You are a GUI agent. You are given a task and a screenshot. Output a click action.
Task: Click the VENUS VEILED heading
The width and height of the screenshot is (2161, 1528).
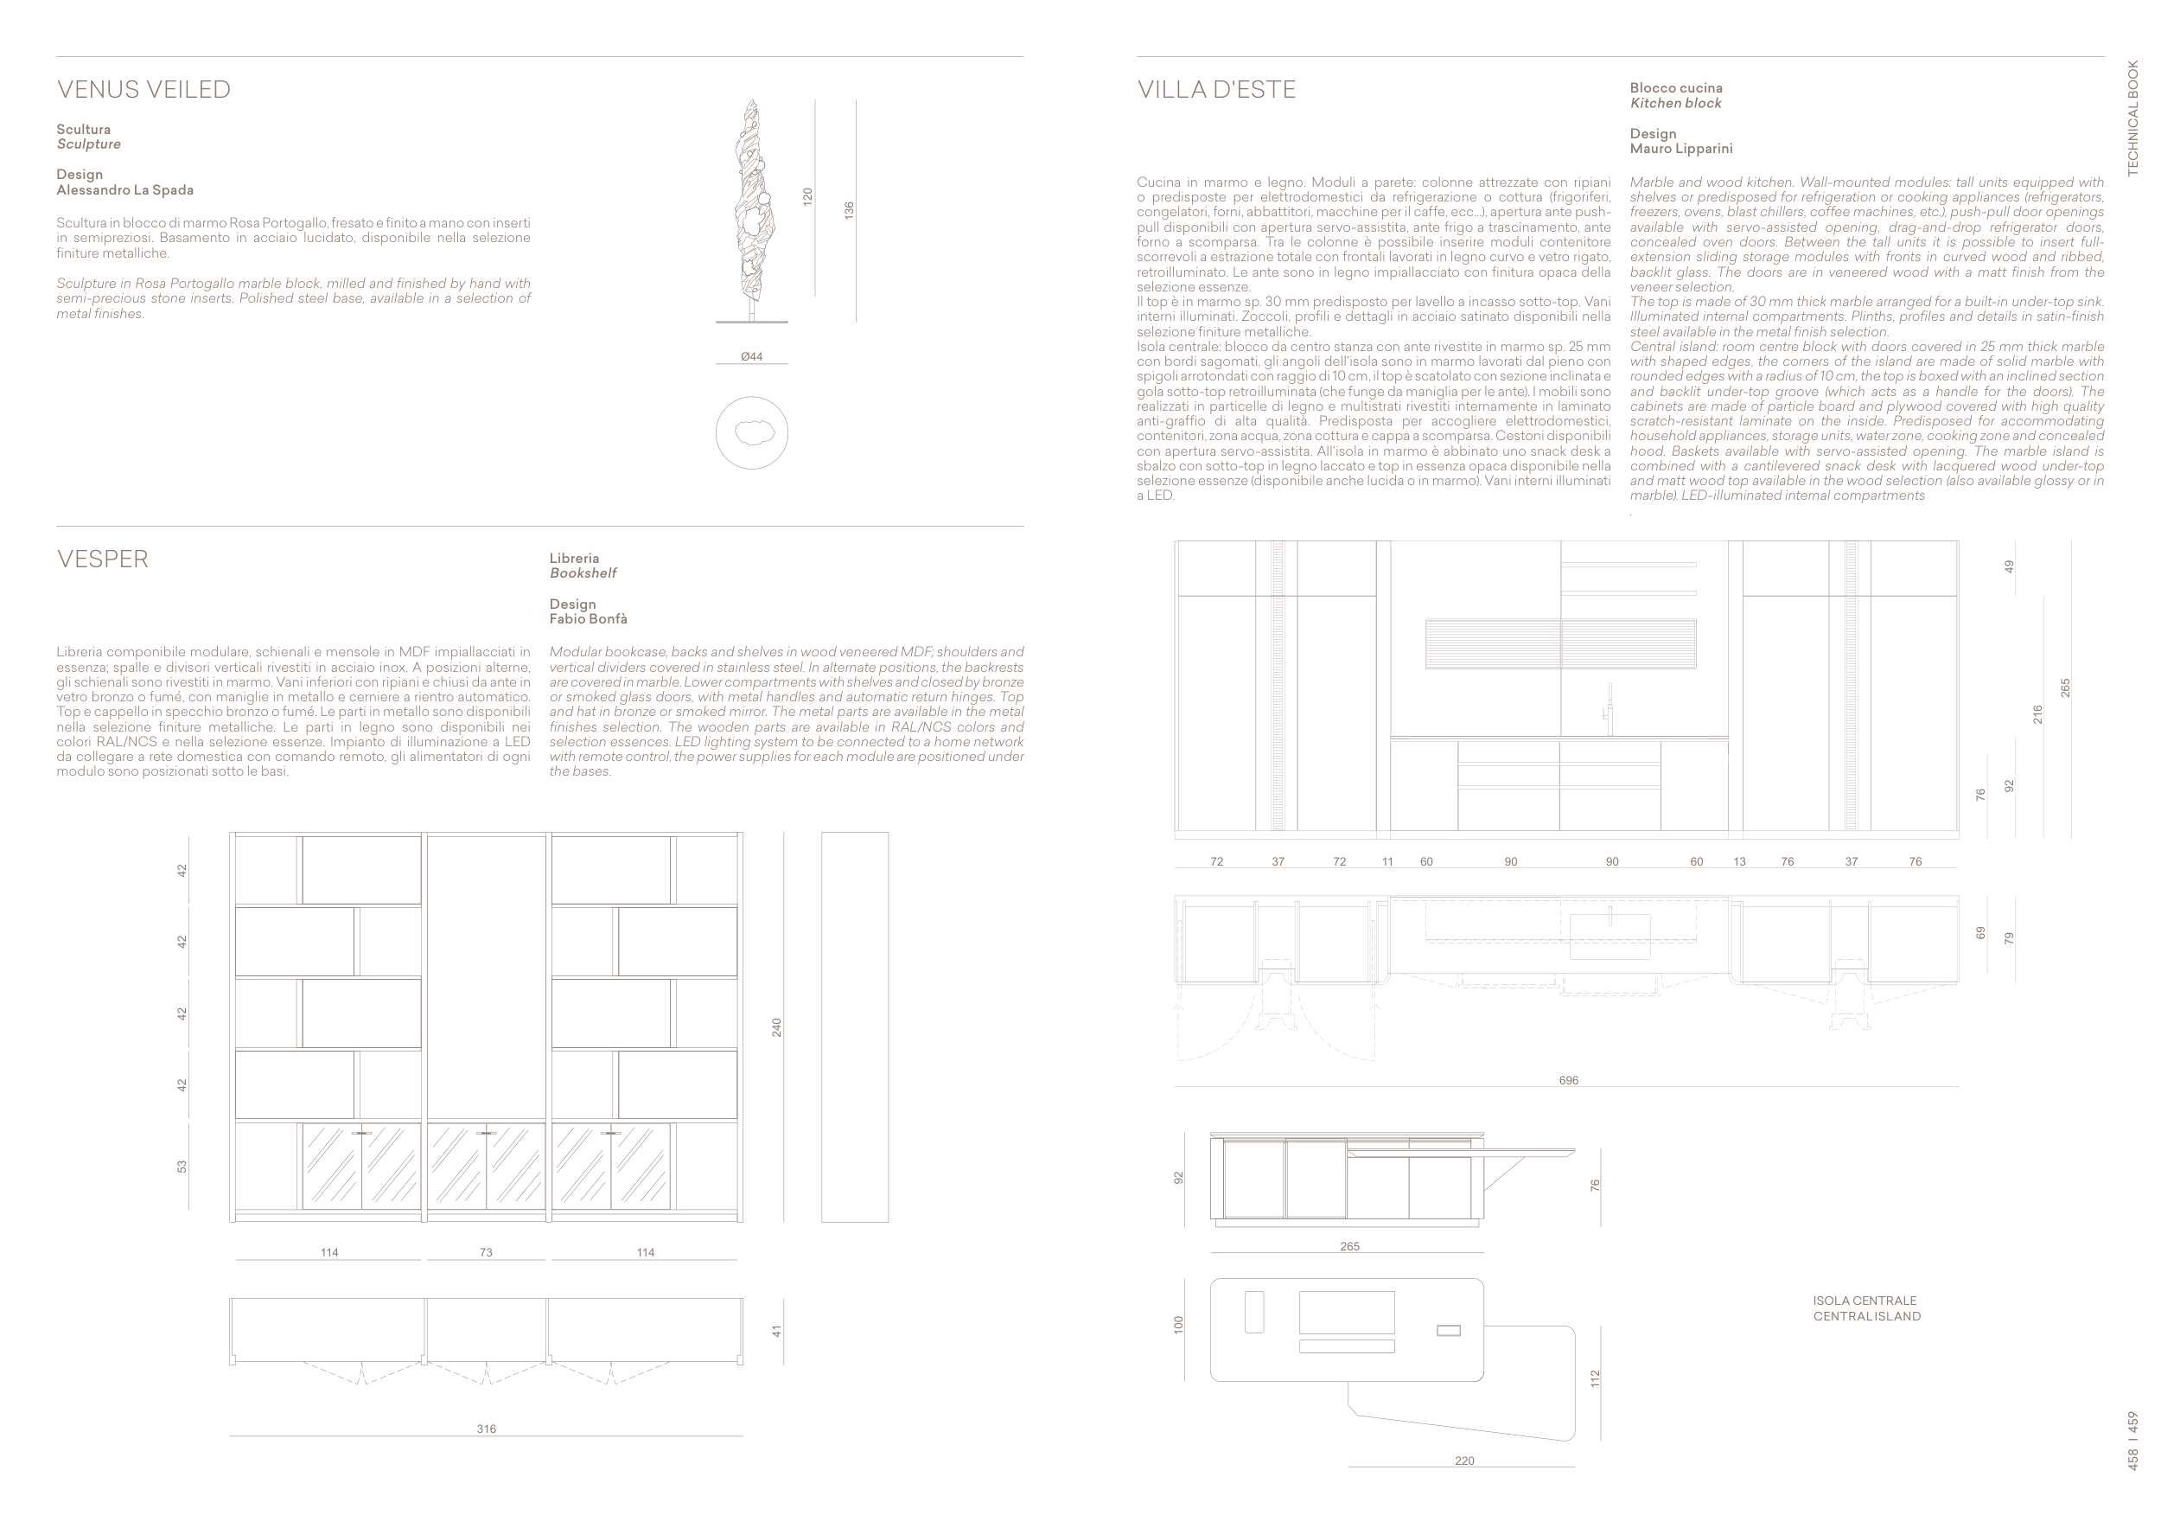pyautogui.click(x=144, y=89)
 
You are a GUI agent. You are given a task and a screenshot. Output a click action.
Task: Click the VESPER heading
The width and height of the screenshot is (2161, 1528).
pyautogui.click(x=103, y=559)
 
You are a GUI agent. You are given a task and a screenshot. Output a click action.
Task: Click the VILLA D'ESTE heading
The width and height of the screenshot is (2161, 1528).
pyautogui.click(x=1216, y=89)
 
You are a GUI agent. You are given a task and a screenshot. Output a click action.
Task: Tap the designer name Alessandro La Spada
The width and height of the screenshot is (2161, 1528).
pyautogui.click(x=125, y=190)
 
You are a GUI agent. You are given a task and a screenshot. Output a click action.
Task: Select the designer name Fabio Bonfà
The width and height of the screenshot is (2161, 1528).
pyautogui.click(x=589, y=619)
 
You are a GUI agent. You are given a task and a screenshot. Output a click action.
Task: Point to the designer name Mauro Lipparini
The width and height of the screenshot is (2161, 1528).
pyautogui.click(x=1681, y=149)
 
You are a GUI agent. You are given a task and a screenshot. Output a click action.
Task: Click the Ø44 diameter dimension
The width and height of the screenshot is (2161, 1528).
pyautogui.click(x=751, y=357)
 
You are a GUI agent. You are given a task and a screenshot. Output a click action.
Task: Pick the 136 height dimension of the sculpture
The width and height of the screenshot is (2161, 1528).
pyautogui.click(x=849, y=210)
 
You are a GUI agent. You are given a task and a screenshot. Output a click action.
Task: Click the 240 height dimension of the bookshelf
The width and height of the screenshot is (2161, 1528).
pyautogui.click(x=776, y=1027)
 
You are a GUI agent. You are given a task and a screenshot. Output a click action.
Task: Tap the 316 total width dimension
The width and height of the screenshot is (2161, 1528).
pyautogui.click(x=486, y=1429)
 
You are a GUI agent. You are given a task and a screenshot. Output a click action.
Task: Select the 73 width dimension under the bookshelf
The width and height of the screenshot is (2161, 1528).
pyautogui.click(x=486, y=1253)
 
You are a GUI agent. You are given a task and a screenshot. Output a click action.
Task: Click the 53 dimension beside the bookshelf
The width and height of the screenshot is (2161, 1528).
pyautogui.click(x=182, y=1167)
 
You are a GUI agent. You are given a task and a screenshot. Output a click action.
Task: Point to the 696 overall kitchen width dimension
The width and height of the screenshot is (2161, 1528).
pyautogui.click(x=1568, y=1081)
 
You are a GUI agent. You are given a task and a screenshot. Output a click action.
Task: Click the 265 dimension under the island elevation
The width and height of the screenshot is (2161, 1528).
pyautogui.click(x=1349, y=1246)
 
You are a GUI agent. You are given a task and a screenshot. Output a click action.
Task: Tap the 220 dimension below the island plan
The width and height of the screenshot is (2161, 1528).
pyautogui.click(x=1464, y=1461)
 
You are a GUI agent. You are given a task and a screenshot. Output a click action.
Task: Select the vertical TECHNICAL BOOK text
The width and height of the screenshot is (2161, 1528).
pyautogui.click(x=2132, y=118)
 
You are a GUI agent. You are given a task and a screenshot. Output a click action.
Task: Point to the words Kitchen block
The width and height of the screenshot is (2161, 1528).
pyautogui.click(x=1675, y=104)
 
